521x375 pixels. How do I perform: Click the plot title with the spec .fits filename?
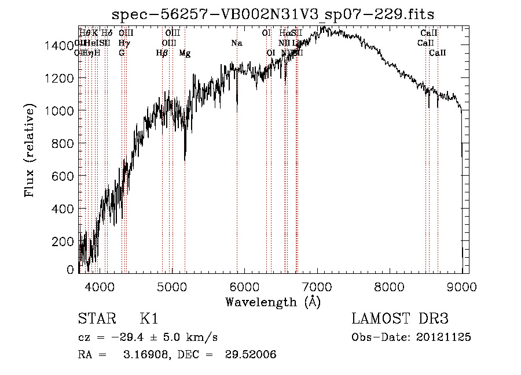[273, 14]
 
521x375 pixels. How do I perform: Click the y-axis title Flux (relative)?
[30, 151]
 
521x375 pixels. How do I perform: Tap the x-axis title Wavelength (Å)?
[273, 302]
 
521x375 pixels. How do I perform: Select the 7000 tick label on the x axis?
[317, 286]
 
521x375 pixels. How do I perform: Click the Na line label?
[237, 43]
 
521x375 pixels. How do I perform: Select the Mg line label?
[185, 53]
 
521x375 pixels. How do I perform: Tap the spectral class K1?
[149, 319]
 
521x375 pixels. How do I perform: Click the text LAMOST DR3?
[399, 319]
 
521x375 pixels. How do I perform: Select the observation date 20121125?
[446, 337]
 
